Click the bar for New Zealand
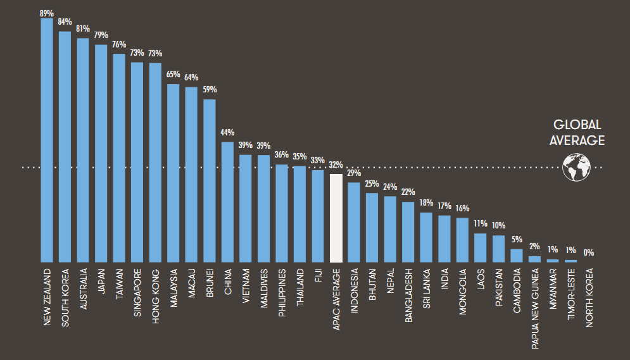tap(47, 140)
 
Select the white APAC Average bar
tap(336, 218)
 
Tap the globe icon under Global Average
tap(576, 168)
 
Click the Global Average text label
tap(577, 133)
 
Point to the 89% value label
tap(47, 11)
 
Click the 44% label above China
tap(227, 133)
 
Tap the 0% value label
tap(589, 253)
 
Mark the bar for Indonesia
tap(354, 221)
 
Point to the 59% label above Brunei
tap(210, 90)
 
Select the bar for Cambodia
tap(517, 255)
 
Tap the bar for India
tap(444, 239)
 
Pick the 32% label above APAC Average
tap(336, 164)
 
